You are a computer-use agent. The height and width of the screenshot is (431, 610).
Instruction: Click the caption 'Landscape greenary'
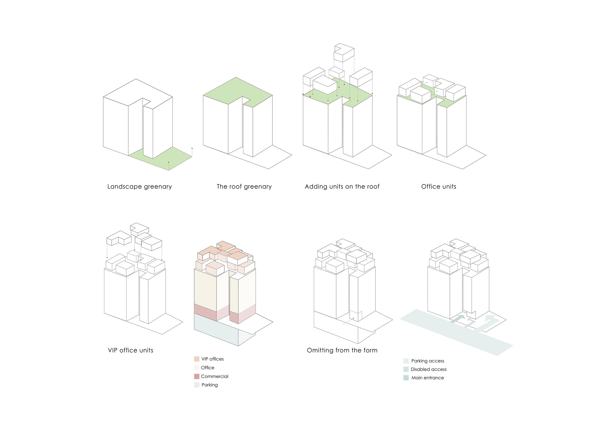pyautogui.click(x=139, y=187)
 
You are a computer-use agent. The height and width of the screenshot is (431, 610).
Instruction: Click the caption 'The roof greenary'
pyautogui.click(x=244, y=187)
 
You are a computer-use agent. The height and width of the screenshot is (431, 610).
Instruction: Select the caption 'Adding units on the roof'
pyautogui.click(x=342, y=187)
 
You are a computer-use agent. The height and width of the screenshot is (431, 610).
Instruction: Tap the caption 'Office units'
pyautogui.click(x=439, y=187)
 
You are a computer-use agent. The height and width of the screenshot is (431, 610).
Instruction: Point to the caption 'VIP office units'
pyautogui.click(x=131, y=350)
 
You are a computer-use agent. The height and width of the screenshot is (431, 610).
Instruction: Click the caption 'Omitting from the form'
pyautogui.click(x=342, y=350)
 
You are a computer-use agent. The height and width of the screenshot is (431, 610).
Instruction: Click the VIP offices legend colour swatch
pyautogui.click(x=197, y=359)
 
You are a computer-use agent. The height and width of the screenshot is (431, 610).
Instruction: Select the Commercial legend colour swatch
pyautogui.click(x=197, y=376)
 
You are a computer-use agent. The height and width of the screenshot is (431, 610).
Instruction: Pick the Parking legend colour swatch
pyautogui.click(x=197, y=385)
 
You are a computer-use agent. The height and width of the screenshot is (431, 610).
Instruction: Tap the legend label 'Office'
pyautogui.click(x=207, y=368)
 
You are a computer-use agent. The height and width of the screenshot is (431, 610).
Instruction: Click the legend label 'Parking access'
pyautogui.click(x=428, y=361)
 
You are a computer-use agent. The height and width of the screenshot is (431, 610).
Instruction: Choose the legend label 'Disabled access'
pyautogui.click(x=429, y=369)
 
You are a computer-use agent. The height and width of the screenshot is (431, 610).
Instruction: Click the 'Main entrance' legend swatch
pyautogui.click(x=406, y=378)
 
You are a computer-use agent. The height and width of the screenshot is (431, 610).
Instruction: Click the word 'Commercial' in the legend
pyautogui.click(x=214, y=376)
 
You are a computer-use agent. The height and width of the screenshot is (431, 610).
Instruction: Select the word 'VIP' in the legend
pyautogui.click(x=205, y=359)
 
